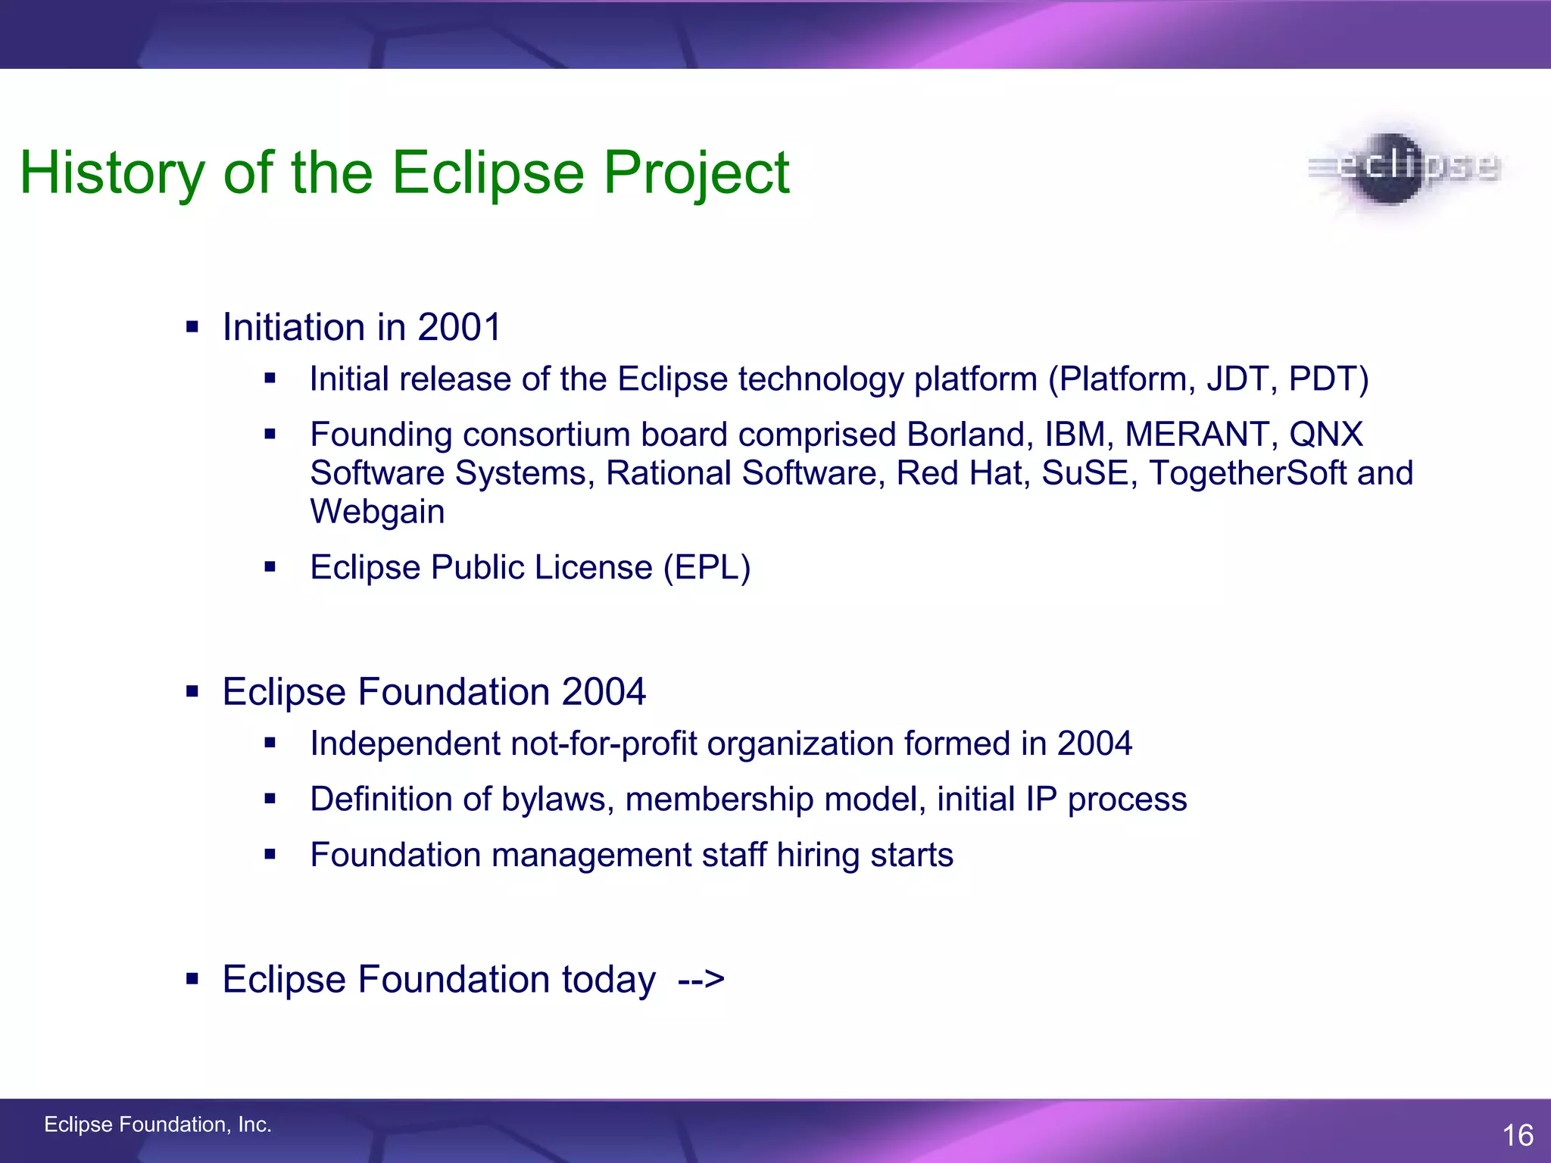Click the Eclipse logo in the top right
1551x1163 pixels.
point(1405,168)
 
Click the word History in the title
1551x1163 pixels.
point(112,173)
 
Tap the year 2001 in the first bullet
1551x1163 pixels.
point(459,327)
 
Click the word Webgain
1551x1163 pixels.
point(377,512)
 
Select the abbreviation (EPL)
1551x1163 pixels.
point(707,567)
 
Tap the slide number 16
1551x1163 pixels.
point(1518,1135)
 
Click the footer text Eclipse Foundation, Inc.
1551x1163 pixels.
point(158,1124)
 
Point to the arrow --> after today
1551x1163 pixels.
point(701,979)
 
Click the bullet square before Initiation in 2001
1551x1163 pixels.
point(192,328)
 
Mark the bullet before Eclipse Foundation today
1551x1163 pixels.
point(192,980)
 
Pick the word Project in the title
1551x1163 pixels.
point(696,173)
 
